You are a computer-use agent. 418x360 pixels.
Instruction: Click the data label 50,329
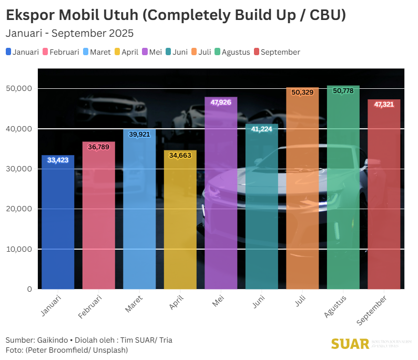[x=302, y=92]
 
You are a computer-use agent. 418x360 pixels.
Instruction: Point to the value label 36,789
[x=98, y=147]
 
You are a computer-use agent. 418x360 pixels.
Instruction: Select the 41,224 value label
[x=262, y=129]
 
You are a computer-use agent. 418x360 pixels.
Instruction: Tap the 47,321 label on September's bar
[x=384, y=105]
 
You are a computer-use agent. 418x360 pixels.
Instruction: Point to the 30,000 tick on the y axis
[x=21, y=169]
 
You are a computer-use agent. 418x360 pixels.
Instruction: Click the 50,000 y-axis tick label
[x=21, y=89]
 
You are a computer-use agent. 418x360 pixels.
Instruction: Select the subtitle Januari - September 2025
[x=69, y=33]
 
